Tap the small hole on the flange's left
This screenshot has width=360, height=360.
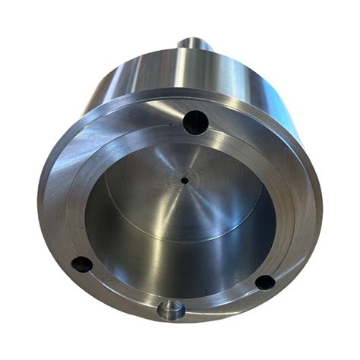pyautogui.click(x=81, y=264)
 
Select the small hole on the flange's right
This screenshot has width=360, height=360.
pyautogui.click(x=264, y=282)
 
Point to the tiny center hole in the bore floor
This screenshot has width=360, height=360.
pyautogui.click(x=185, y=180)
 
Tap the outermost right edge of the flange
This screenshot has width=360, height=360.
pyautogui.click(x=321, y=205)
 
